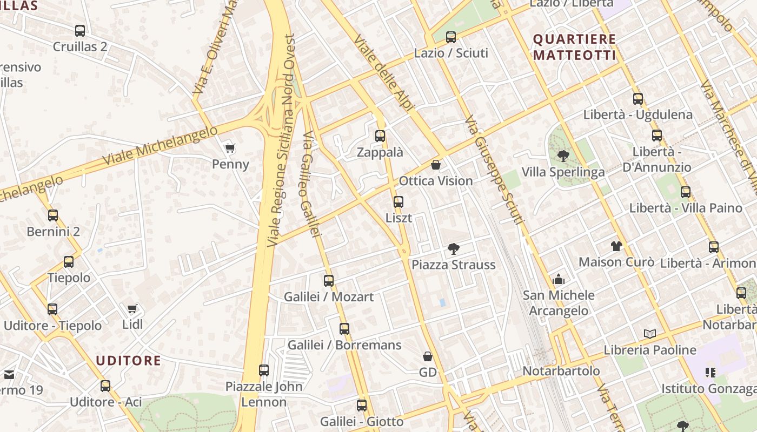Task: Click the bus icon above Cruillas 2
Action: coord(80,31)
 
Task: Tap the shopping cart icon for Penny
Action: coord(230,148)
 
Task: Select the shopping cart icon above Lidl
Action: coord(132,308)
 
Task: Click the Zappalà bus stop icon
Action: coord(380,136)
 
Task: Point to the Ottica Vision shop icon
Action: coord(436,165)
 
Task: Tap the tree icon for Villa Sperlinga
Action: coord(563,156)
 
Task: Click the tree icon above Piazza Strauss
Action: coord(454,249)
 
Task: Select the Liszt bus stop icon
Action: coord(399,202)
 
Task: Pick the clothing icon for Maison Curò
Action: coord(616,246)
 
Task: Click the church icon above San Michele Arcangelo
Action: coord(559,279)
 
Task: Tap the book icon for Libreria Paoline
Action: coord(650,334)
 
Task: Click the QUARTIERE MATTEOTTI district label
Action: coord(574,47)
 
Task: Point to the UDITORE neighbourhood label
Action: coord(129,360)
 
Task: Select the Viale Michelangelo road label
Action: coord(160,146)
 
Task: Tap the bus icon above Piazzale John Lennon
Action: coord(264,370)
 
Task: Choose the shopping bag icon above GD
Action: coord(428,356)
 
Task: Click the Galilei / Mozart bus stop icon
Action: coord(329,281)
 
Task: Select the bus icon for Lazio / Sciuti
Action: coord(451,37)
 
